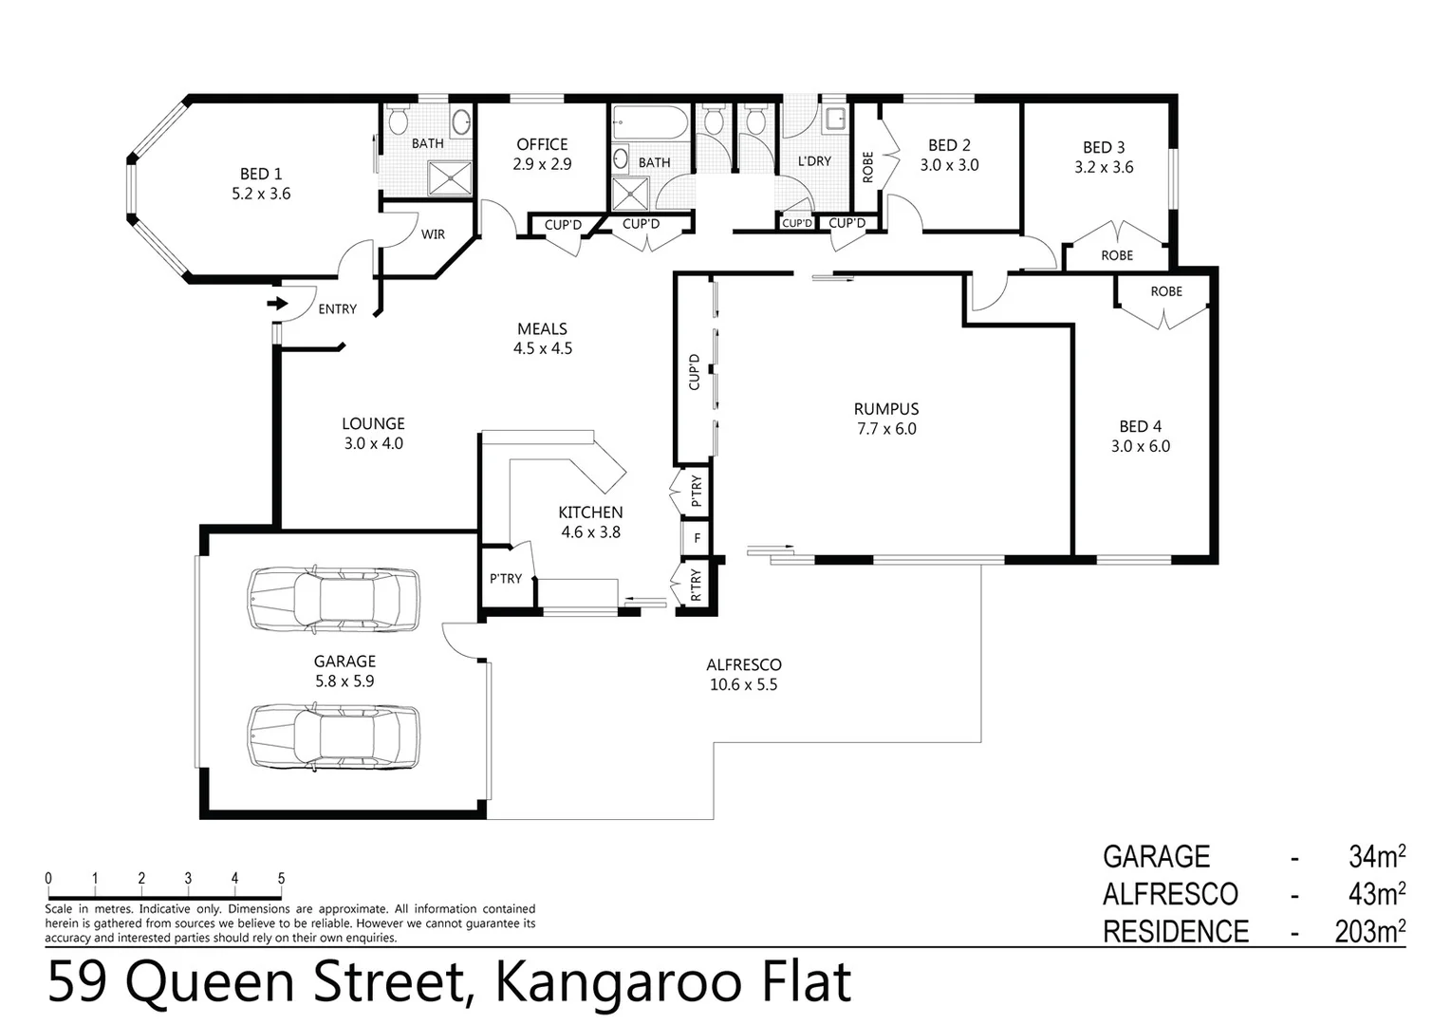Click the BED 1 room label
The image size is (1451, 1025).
[x=261, y=174]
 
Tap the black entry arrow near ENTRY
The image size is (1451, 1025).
[x=276, y=304]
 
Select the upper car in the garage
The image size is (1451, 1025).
[x=333, y=599]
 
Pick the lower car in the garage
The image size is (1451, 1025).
[x=333, y=736]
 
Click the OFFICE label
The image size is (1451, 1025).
[x=542, y=144]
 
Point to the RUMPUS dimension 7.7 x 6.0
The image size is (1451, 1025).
[x=886, y=429]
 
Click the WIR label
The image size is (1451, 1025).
[x=433, y=234]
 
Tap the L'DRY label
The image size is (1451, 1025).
[x=814, y=161]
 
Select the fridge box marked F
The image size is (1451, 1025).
[x=698, y=538]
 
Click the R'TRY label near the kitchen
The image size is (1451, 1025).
[x=697, y=585]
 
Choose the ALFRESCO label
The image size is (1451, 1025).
[x=743, y=665]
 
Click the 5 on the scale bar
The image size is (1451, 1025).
[x=281, y=879]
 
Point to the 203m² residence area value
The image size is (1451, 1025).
[x=1369, y=932]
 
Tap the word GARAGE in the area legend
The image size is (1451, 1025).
[x=1156, y=857]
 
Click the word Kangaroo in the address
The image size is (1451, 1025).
[x=617, y=982]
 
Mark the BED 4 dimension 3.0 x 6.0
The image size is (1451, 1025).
[x=1141, y=446]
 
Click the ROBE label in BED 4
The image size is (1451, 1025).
[x=1166, y=291]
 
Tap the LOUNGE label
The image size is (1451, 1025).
[x=373, y=424]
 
